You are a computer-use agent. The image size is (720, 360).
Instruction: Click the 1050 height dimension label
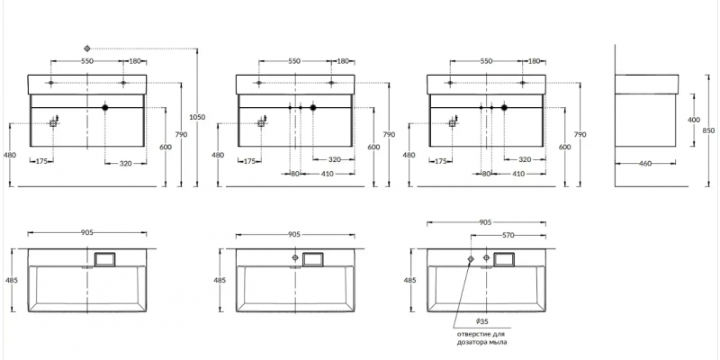click(x=197, y=117)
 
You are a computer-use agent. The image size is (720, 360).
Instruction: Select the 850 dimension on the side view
click(x=708, y=130)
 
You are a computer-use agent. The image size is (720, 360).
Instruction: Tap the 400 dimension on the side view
click(x=694, y=120)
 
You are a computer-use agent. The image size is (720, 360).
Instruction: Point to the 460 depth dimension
click(x=645, y=163)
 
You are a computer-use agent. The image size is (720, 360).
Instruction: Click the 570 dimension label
click(x=508, y=235)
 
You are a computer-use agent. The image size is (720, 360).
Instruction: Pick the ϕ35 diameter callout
click(x=481, y=321)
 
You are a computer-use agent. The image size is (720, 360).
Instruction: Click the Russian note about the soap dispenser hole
click(x=481, y=337)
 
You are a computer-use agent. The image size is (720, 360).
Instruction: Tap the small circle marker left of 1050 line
click(x=87, y=49)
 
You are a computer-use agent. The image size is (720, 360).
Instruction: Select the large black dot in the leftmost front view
click(x=105, y=107)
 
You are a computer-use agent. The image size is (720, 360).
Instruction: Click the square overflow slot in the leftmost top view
click(x=105, y=259)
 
